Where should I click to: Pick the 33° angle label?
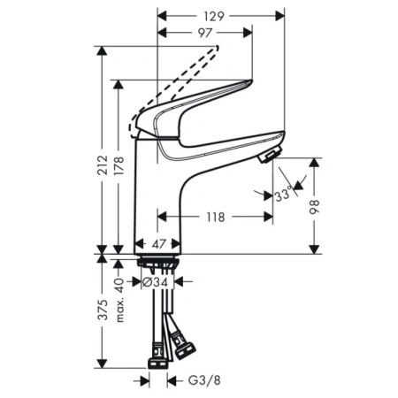click(x=283, y=195)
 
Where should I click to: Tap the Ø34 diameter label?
click(x=157, y=282)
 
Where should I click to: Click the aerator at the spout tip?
click(x=267, y=157)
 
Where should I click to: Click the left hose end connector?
click(x=156, y=360)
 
